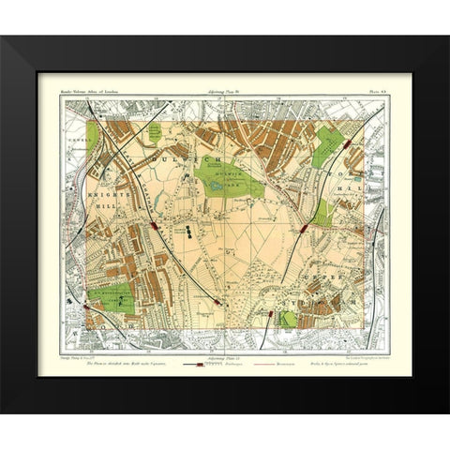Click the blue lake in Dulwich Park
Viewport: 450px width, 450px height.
pos(218,187)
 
